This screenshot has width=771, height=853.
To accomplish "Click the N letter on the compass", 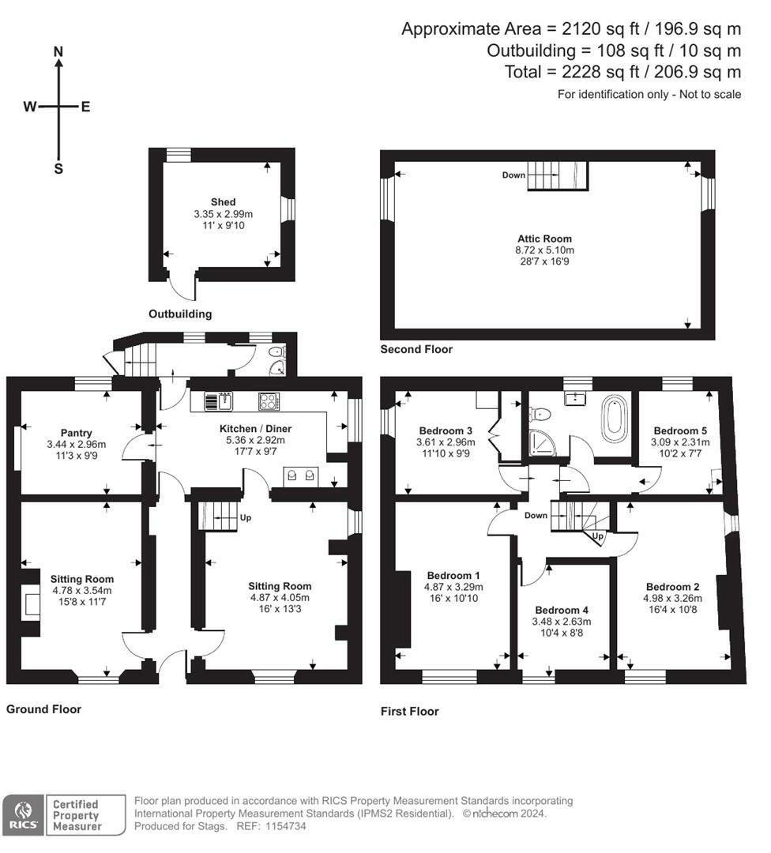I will tap(58, 51).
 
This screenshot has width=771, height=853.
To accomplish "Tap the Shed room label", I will tap(223, 202).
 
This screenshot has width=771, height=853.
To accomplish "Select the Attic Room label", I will tap(544, 239).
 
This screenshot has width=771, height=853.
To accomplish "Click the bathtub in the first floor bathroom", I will tap(613, 419).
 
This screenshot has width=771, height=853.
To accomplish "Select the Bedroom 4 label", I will tap(561, 611).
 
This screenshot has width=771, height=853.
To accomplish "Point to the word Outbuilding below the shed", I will tap(180, 314).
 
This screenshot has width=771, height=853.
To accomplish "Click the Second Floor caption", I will tap(416, 349).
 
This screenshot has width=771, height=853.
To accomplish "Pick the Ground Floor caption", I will tap(43, 709).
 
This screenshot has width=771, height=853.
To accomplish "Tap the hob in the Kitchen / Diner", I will tap(269, 401).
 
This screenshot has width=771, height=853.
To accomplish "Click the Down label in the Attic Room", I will tap(513, 175).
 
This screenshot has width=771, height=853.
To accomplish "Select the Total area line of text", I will tap(622, 72).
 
